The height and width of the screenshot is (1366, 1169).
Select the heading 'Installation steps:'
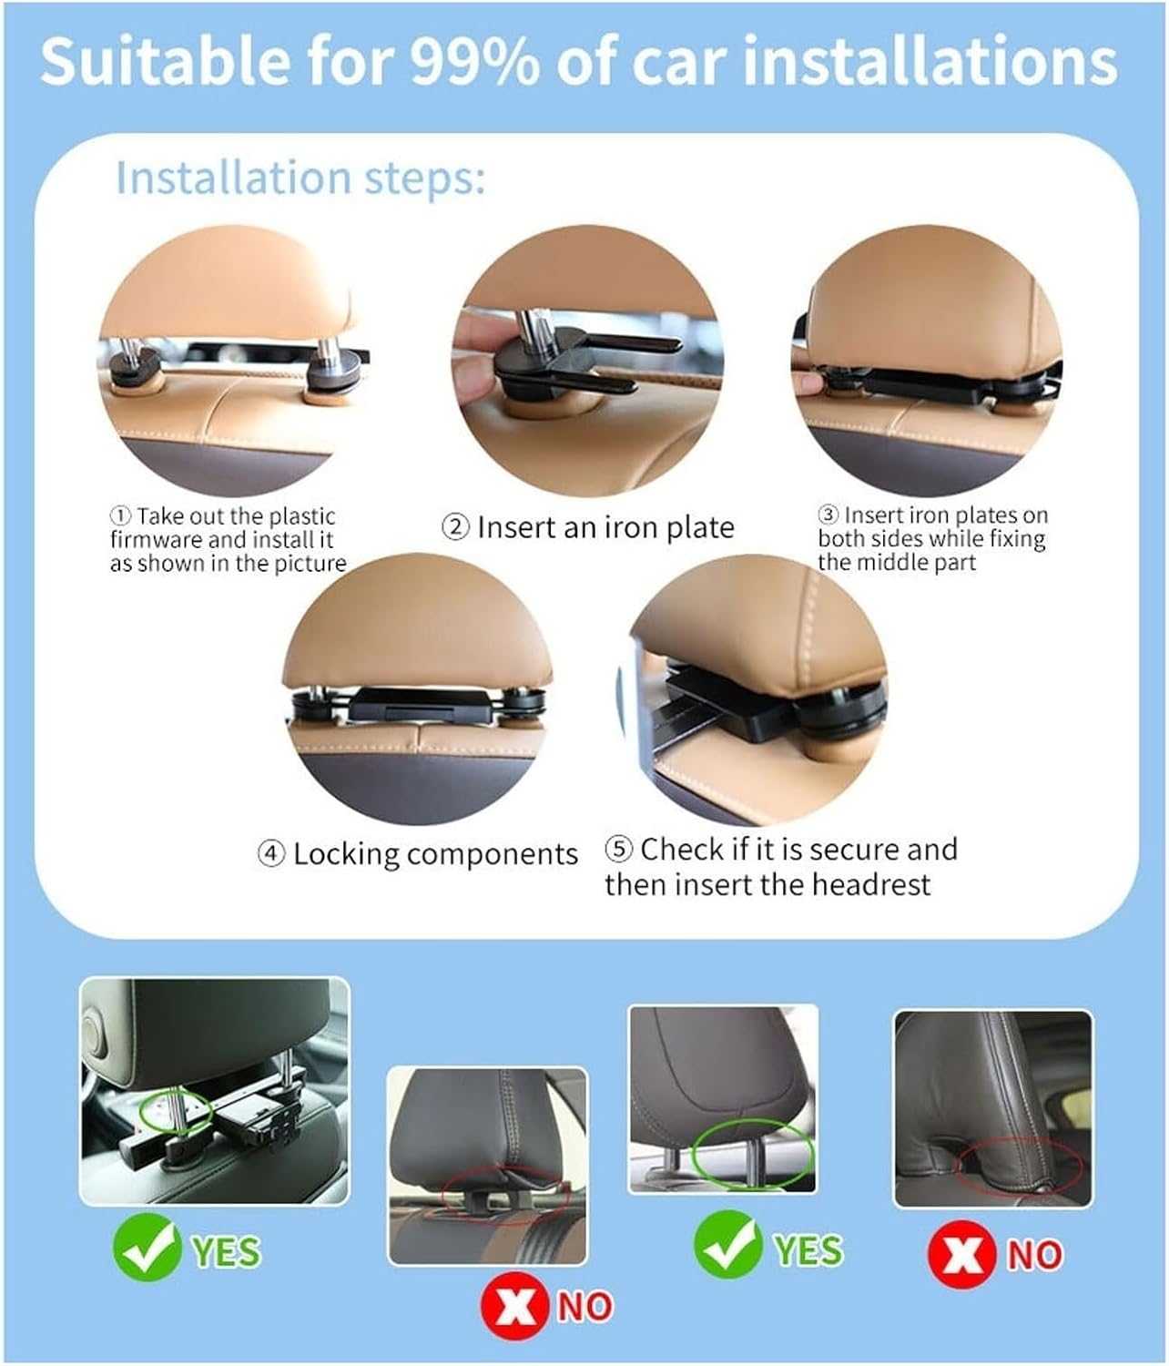pos(300,178)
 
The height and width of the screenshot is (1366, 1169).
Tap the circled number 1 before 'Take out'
pos(120,515)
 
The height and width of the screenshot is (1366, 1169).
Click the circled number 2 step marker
pos(455,528)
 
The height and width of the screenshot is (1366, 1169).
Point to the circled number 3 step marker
pos(828,515)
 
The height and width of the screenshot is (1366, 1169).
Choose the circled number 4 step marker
pos(271,854)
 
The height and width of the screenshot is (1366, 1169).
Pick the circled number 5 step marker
pos(618,850)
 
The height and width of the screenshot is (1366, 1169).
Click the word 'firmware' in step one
pos(156,539)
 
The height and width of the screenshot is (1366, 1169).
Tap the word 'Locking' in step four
pos(346,855)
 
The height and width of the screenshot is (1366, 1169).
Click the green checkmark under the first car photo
pos(147,1247)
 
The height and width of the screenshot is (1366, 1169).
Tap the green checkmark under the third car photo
pos(727,1244)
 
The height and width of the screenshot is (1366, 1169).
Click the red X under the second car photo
pos(514,1306)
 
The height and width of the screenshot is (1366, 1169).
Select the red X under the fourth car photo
pos(961,1254)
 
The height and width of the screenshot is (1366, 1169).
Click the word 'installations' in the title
pos(930,61)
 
